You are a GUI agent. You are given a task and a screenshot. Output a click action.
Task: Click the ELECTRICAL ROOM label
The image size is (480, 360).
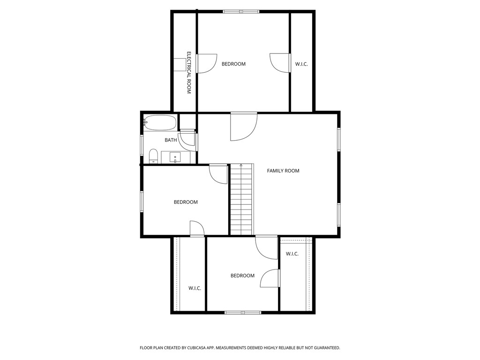pyautogui.click(x=189, y=73)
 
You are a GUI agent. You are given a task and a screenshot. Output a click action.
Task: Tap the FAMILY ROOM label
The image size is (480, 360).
pyautogui.click(x=283, y=171)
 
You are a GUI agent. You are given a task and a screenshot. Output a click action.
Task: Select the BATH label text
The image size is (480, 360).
pyautogui.click(x=171, y=140)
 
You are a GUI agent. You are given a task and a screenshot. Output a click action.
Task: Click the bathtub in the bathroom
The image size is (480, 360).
pyautogui.click(x=160, y=123)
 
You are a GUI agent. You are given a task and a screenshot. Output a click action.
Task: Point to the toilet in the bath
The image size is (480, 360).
pyautogui.click(x=153, y=156)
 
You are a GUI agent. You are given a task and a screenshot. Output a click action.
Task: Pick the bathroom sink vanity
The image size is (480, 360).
pyautogui.click(x=176, y=157)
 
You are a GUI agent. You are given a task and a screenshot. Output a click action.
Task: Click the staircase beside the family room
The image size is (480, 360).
pyautogui.click(x=241, y=199)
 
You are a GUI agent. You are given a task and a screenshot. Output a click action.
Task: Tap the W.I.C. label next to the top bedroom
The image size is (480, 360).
pyautogui.click(x=301, y=64)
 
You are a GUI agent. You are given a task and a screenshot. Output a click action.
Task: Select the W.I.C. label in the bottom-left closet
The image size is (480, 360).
pyautogui.click(x=195, y=288)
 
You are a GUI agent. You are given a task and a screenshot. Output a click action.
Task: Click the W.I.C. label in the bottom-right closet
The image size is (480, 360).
pyautogui.click(x=292, y=254)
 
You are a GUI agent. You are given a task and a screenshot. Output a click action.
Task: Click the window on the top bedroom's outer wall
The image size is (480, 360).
pyautogui.click(x=241, y=11)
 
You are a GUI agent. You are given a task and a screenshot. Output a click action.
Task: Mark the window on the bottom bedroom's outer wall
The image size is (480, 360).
pyautogui.click(x=243, y=312)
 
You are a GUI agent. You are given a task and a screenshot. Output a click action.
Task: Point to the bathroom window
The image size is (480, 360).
pyautogui.click(x=142, y=145)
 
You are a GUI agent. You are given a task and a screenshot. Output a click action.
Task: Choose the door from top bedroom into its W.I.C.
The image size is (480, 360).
pyautogui.click(x=280, y=63)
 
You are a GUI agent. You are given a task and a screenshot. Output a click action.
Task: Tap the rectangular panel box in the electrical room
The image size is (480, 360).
pyautogui.click(x=180, y=65)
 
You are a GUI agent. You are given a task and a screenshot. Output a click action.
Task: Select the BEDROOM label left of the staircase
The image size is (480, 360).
pyautogui.click(x=186, y=202)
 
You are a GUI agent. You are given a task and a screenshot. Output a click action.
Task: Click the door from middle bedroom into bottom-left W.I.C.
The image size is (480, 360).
pyautogui.click(x=197, y=229)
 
